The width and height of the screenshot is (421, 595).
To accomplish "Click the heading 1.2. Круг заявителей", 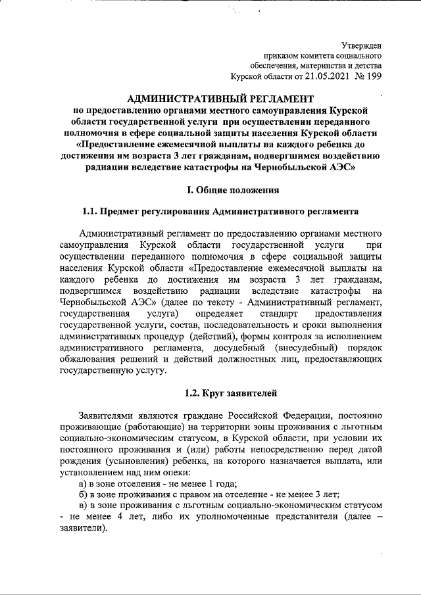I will (x=234, y=393).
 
